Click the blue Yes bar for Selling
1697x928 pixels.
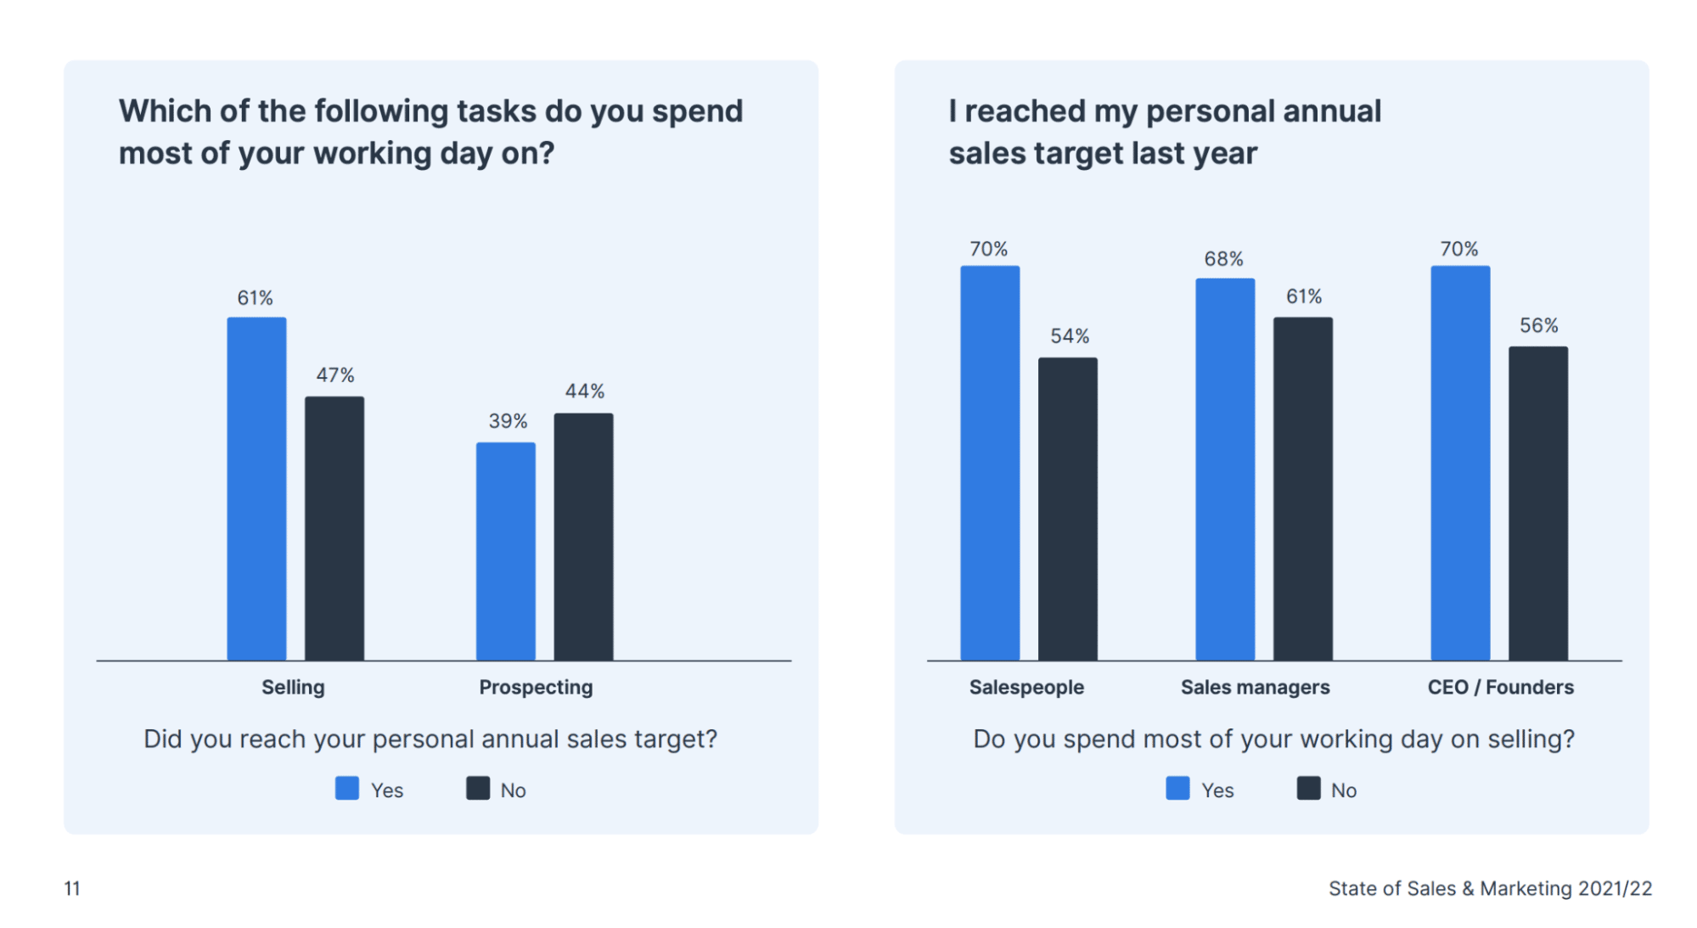coord(256,489)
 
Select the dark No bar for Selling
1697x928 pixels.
coord(334,528)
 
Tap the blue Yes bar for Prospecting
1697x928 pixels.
coord(506,551)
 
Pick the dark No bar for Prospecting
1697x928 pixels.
coord(584,537)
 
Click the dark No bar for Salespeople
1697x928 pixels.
coord(1068,509)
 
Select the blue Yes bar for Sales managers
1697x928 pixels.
coord(1225,469)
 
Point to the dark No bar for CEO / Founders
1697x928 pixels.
coord(1538,503)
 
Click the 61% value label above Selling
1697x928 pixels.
coord(255,298)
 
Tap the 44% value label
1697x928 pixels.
coord(585,391)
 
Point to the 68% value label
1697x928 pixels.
coord(1223,259)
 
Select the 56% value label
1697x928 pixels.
coord(1538,326)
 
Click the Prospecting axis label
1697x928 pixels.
coord(536,688)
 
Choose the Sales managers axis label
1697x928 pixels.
coord(1255,688)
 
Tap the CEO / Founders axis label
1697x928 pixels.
coord(1500,688)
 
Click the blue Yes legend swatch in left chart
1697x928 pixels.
coord(347,789)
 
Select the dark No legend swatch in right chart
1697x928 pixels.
coord(1308,789)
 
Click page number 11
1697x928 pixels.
coord(72,889)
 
